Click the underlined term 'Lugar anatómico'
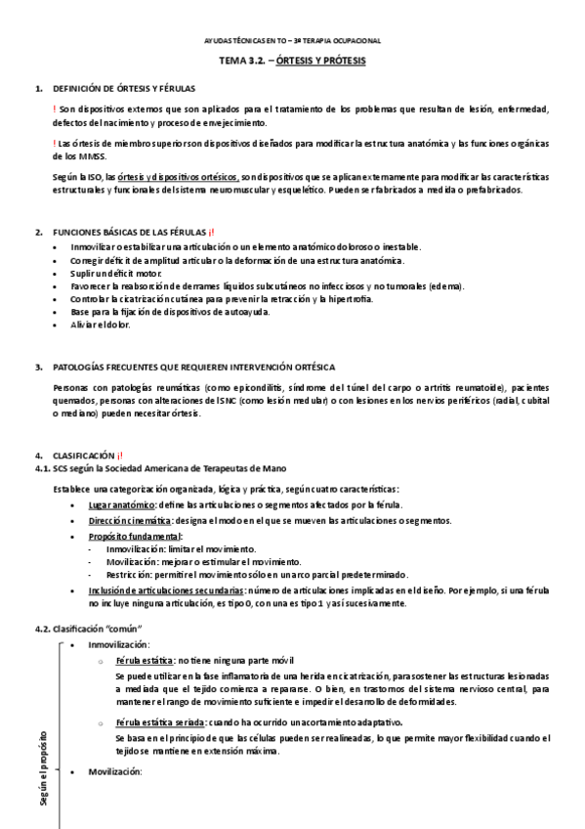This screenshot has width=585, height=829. [x=122, y=503]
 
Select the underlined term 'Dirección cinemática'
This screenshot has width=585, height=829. [x=130, y=522]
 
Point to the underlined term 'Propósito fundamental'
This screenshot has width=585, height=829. [x=134, y=537]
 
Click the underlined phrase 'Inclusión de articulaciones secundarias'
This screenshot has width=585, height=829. [x=166, y=591]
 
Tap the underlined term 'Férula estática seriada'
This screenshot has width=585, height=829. [x=161, y=722]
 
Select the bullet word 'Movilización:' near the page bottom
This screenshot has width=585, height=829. [x=115, y=772]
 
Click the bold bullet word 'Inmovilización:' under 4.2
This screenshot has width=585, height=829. [x=119, y=645]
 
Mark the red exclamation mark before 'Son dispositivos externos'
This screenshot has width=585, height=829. [x=55, y=109]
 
